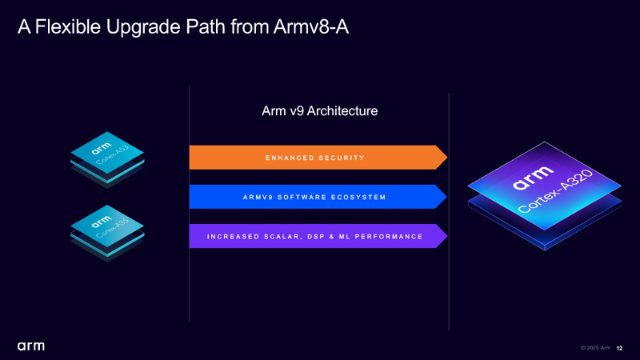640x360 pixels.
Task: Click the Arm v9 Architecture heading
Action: point(319,111)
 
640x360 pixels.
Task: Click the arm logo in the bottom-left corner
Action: point(31,346)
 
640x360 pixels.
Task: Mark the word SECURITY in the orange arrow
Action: point(341,158)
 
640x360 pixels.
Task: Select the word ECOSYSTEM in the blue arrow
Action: point(358,197)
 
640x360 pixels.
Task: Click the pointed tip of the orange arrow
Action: point(445,158)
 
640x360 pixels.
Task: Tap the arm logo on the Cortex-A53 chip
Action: point(100,148)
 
